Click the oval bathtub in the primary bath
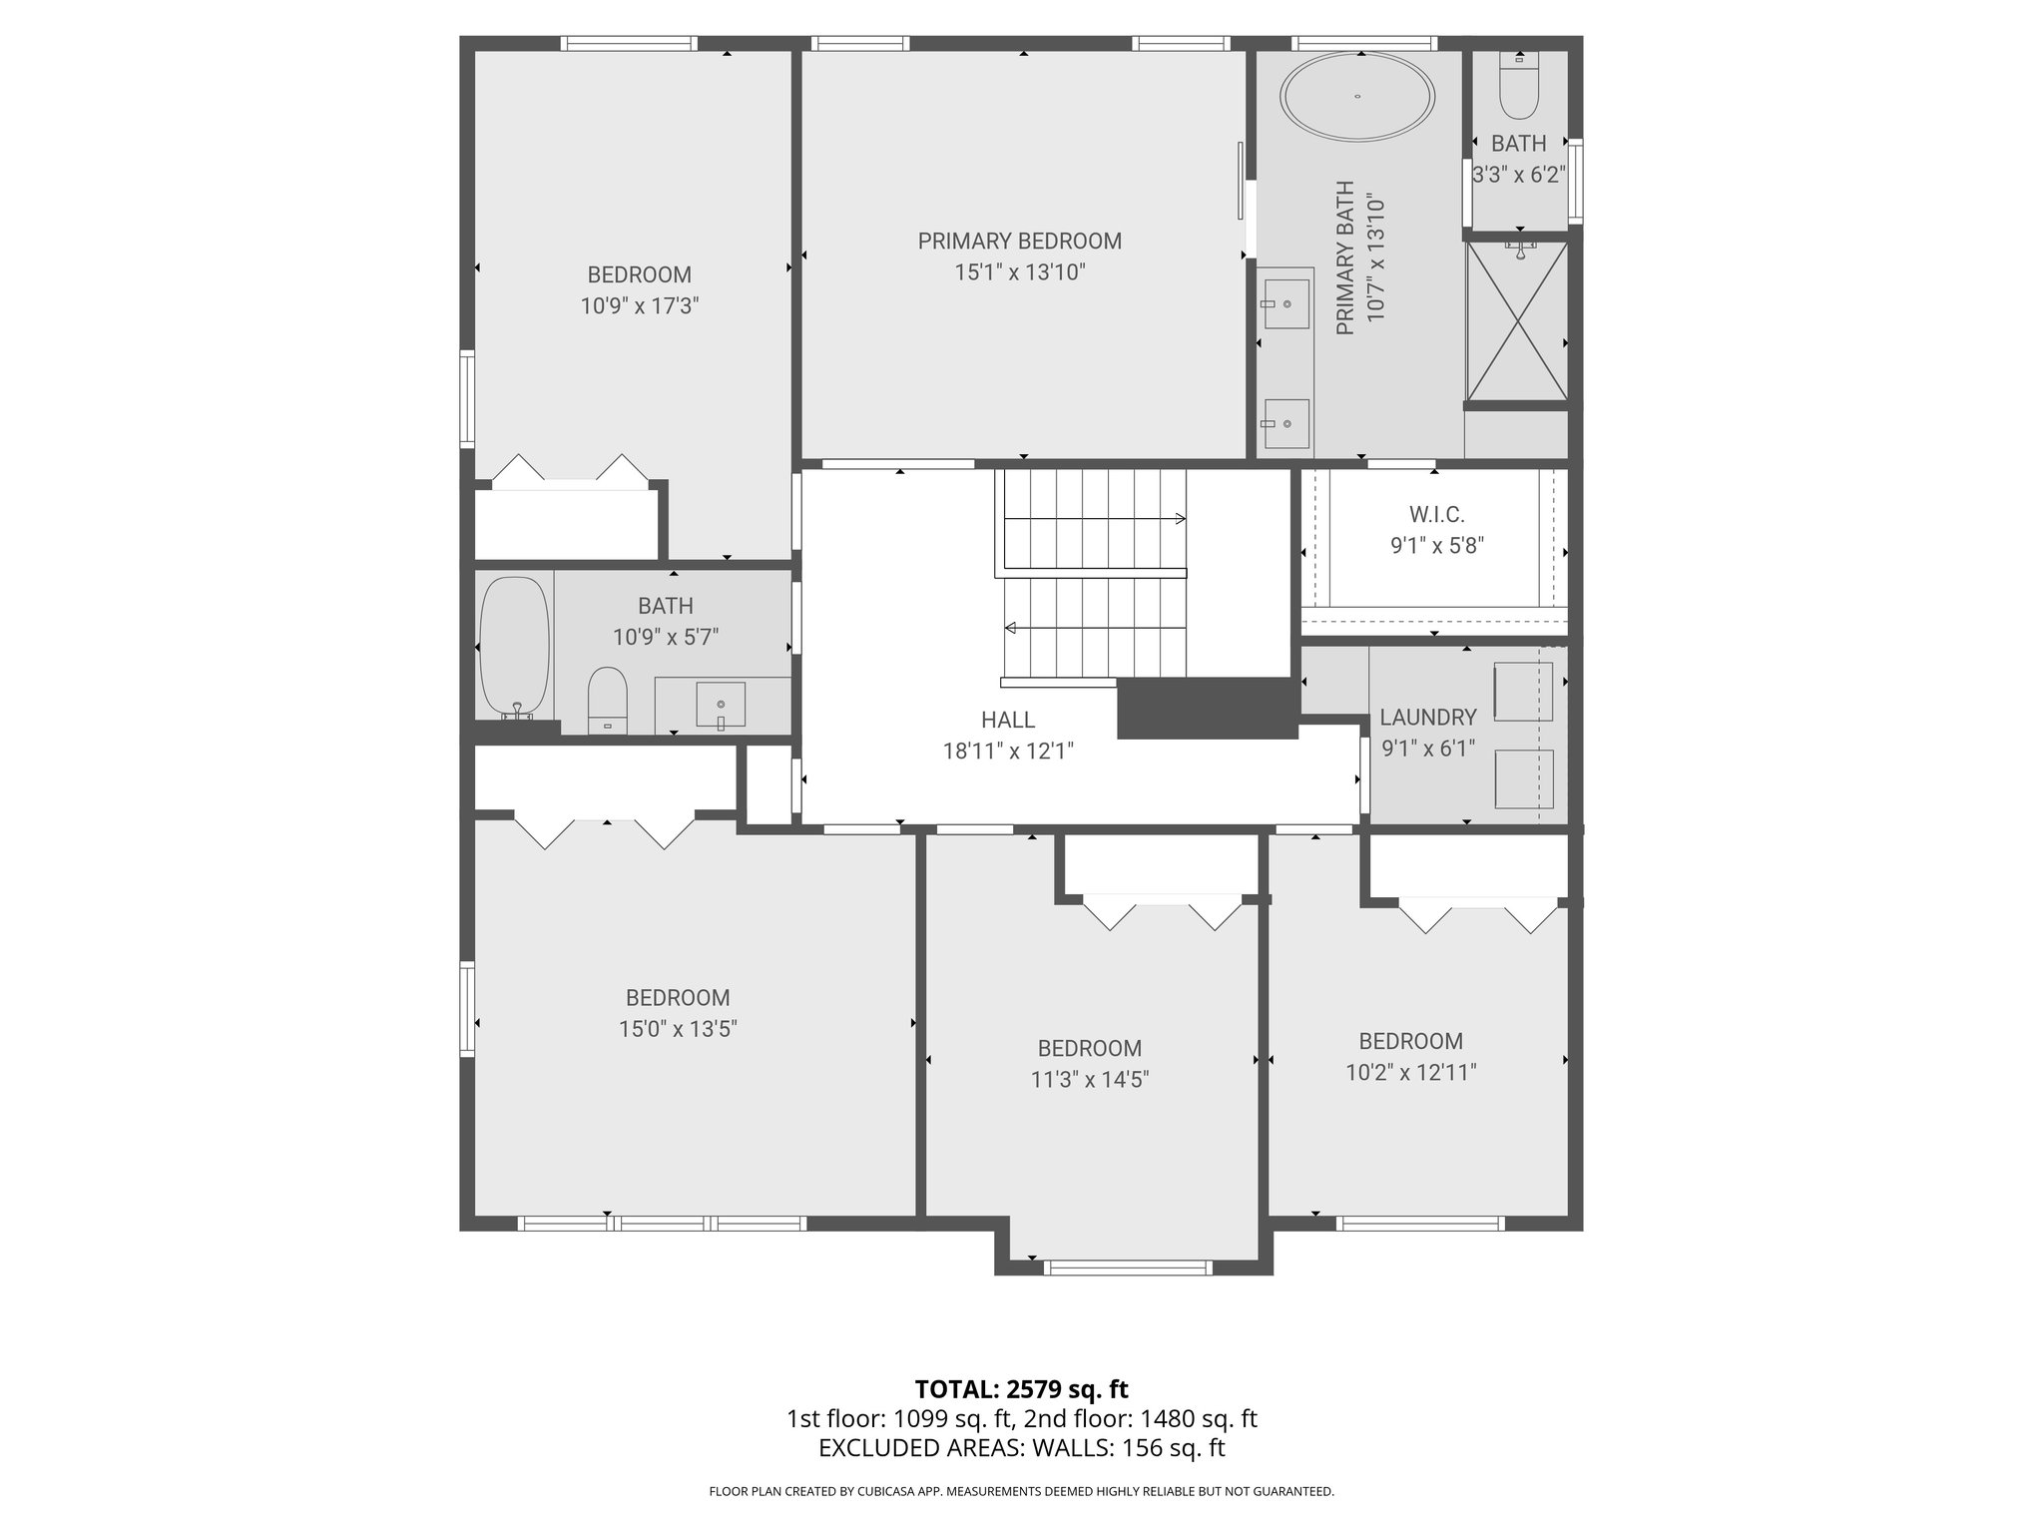pos(1358,98)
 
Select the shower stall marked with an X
pos(1516,322)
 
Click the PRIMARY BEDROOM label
pos(1019,242)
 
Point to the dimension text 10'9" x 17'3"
pos(639,306)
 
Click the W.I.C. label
pos(1437,515)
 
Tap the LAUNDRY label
pos(1427,718)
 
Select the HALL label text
pos(1007,720)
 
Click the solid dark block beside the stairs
pos(1206,709)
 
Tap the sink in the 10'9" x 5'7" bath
pos(721,704)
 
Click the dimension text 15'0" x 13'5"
pos(678,1029)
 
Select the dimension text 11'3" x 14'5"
pos(1090,1080)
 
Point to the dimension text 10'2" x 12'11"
pos(1410,1073)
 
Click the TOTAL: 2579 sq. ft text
pos(1021,1389)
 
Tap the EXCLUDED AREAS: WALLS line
pos(1021,1448)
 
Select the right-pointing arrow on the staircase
pos(1181,519)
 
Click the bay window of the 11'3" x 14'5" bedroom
pos(1128,1269)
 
